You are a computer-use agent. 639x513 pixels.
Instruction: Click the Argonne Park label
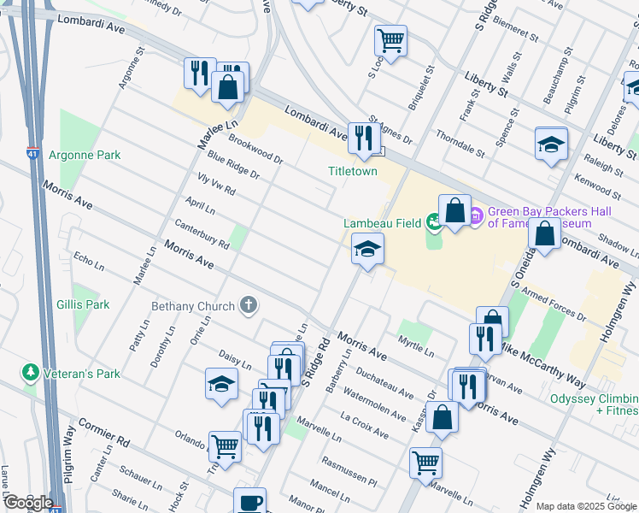pyautogui.click(x=84, y=155)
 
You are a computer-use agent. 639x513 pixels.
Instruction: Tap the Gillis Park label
pyautogui.click(x=83, y=304)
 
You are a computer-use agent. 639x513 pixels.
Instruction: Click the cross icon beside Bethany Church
pyautogui.click(x=249, y=305)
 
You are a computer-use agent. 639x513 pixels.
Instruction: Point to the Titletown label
pyautogui.click(x=353, y=171)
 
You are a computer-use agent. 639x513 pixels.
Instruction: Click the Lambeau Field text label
pyautogui.click(x=382, y=223)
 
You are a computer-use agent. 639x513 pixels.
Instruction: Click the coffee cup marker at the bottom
pyautogui.click(x=249, y=503)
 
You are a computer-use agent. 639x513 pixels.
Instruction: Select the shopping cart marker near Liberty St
pyautogui.click(x=390, y=40)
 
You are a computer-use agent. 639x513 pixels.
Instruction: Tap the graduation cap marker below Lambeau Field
pyautogui.click(x=367, y=250)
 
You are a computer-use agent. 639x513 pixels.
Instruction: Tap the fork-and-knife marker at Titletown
pyautogui.click(x=365, y=137)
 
